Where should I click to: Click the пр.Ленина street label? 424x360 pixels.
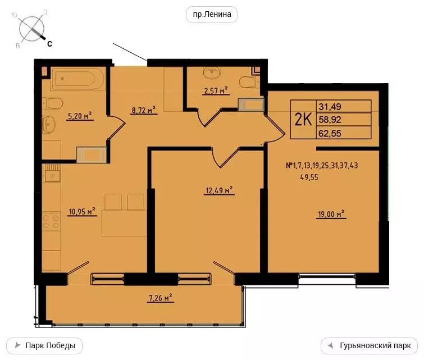pyautogui.click(x=212, y=15)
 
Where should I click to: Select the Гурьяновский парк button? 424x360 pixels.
pyautogui.click(x=369, y=345)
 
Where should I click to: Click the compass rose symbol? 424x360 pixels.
pyautogui.click(x=32, y=29)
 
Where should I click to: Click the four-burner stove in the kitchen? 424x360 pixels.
pyautogui.click(x=52, y=221)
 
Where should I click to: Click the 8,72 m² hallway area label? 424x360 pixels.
pyautogui.click(x=143, y=111)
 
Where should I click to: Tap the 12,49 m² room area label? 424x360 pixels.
pyautogui.click(x=218, y=190)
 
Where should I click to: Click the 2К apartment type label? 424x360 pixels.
pyautogui.click(x=304, y=120)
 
